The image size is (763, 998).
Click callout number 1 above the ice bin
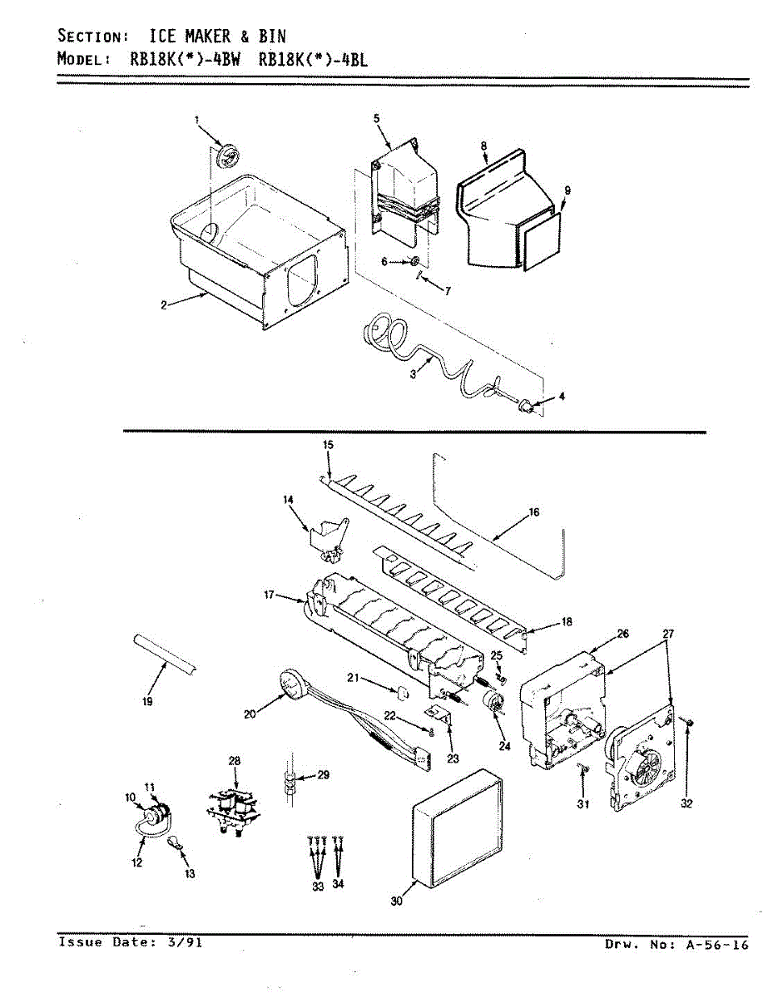pos(198,120)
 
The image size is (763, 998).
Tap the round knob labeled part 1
pos(225,156)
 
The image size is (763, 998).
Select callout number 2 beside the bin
pos(165,305)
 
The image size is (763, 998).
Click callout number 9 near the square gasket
pos(567,190)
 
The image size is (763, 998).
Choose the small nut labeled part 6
pos(413,263)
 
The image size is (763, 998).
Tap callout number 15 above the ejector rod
pos(328,445)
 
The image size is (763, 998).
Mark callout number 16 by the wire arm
pos(533,512)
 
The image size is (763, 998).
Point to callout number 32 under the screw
pos(686,804)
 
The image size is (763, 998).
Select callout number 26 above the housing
pos(623,634)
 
